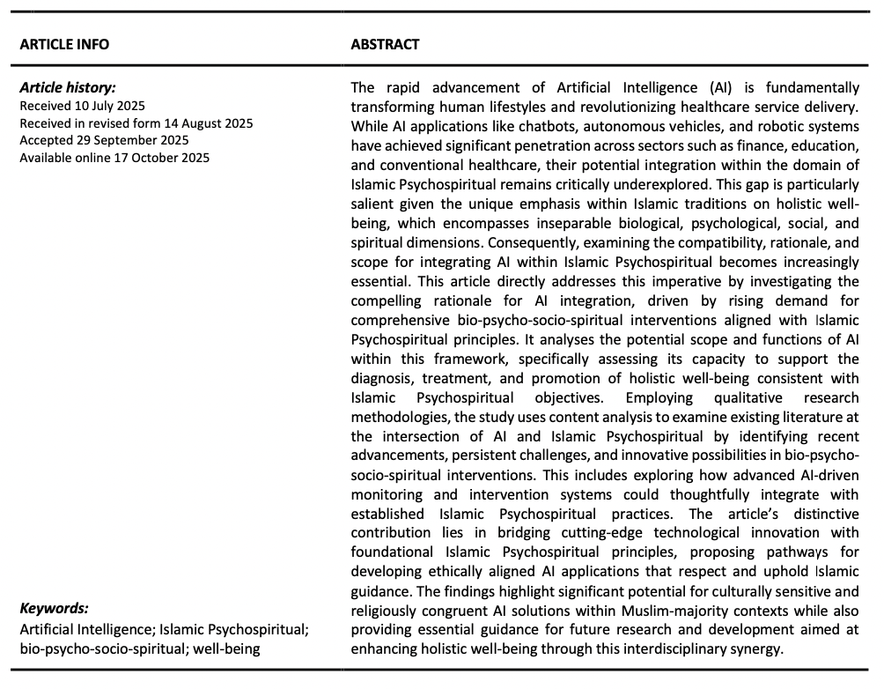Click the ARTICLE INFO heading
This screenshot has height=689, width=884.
pyautogui.click(x=64, y=44)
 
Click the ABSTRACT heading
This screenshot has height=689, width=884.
pyautogui.click(x=385, y=44)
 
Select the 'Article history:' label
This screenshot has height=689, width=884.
pyautogui.click(x=67, y=87)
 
